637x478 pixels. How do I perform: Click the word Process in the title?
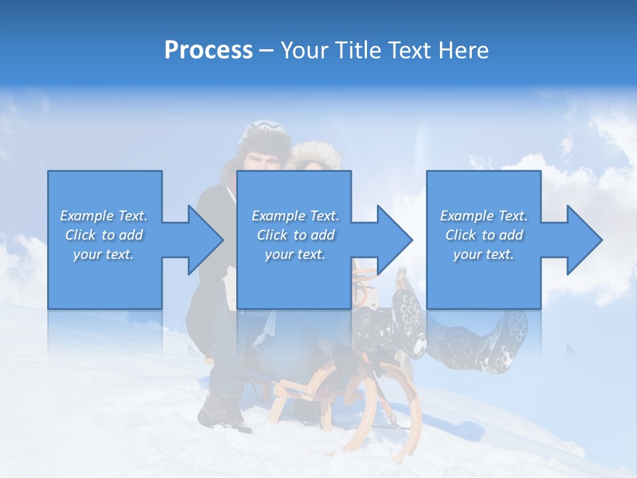pyautogui.click(x=208, y=50)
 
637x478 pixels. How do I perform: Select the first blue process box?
pyautogui.click(x=105, y=279)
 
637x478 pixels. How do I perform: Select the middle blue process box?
pyautogui.click(x=294, y=279)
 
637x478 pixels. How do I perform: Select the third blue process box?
pyautogui.click(x=483, y=279)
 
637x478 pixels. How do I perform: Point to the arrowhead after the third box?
pyautogui.click(x=583, y=240)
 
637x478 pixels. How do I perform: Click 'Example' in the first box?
pyautogui.click(x=86, y=216)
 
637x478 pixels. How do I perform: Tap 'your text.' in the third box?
pyautogui.click(x=483, y=254)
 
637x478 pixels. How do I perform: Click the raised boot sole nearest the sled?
pyautogui.click(x=408, y=312)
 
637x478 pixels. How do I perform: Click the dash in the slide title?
pyautogui.click(x=266, y=50)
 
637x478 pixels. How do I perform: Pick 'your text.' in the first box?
pyautogui.click(x=104, y=254)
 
